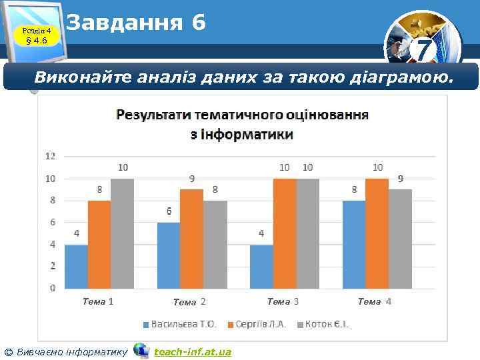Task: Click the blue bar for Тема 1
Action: pyautogui.click(x=76, y=266)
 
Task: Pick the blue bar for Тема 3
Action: pyautogui.click(x=261, y=266)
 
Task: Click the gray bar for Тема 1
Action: pyautogui.click(x=122, y=233)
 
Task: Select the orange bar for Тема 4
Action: pyautogui.click(x=377, y=233)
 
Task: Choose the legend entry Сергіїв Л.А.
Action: pyautogui.click(x=260, y=325)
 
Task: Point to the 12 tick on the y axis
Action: pyautogui.click(x=51, y=156)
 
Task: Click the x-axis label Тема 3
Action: pyautogui.click(x=283, y=302)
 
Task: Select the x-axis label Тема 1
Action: pyautogui.click(x=98, y=301)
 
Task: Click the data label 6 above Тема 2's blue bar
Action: pyautogui.click(x=169, y=211)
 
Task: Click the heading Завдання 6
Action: pyautogui.click(x=137, y=23)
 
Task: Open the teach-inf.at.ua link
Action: pyautogui.click(x=193, y=351)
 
